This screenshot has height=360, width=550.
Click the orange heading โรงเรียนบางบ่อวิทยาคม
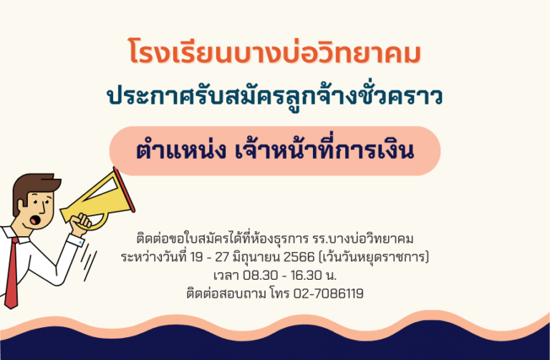(x=275, y=52)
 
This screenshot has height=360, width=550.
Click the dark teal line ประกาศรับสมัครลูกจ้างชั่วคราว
(x=275, y=96)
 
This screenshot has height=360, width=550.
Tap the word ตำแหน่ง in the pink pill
(x=180, y=151)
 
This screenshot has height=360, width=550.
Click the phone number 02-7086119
(x=328, y=293)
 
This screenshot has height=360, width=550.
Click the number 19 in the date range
(x=196, y=257)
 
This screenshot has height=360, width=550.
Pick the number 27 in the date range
(x=222, y=257)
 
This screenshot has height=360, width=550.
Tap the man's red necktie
(x=12, y=273)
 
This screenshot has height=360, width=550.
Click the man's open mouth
(x=34, y=220)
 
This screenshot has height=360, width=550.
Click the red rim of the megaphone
(x=123, y=190)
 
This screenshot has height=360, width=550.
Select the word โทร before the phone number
(x=279, y=293)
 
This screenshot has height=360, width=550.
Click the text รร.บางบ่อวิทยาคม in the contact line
(x=363, y=239)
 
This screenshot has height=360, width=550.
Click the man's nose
(x=43, y=208)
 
